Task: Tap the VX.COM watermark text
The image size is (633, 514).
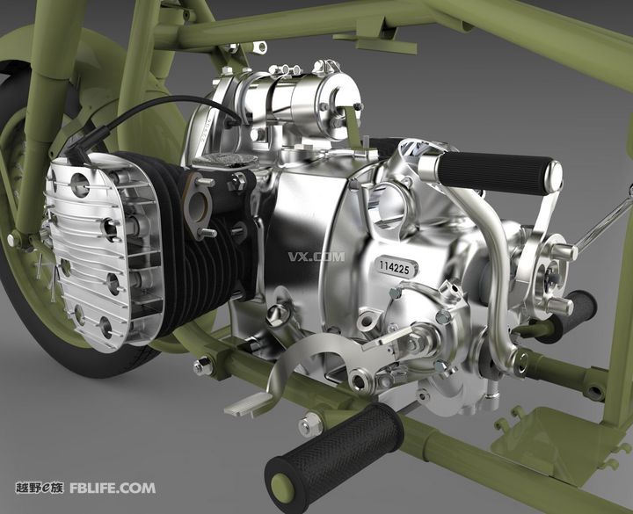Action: (316, 257)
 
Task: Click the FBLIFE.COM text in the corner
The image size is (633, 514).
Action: (113, 488)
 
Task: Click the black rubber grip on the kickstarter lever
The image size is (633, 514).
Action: (494, 172)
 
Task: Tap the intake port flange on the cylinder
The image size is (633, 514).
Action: (199, 206)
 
